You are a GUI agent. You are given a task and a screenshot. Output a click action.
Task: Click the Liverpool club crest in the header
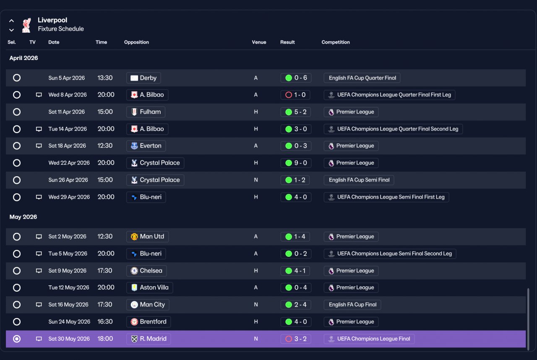26,25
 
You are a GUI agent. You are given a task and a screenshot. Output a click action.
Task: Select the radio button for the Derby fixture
17,78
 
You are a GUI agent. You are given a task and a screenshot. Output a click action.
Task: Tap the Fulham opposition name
150,112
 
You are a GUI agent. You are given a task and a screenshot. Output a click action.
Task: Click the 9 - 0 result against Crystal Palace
296,163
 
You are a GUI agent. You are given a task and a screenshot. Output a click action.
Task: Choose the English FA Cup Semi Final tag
359,180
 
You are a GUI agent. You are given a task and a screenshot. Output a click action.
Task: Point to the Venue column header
259,42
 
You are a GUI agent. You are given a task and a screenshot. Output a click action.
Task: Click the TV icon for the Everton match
39,146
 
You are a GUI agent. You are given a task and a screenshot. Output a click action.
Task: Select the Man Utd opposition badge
134,237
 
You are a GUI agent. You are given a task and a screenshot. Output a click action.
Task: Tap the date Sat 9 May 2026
68,271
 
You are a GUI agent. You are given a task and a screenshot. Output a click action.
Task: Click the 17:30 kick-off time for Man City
105,305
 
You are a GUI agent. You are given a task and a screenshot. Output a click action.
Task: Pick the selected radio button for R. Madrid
17,339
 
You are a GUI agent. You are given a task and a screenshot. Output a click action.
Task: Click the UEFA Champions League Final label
373,339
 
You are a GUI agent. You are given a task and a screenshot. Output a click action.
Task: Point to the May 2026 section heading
23,217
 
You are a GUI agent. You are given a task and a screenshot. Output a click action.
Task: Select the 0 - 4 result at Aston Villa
296,287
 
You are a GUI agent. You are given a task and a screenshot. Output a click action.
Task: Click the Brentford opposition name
153,322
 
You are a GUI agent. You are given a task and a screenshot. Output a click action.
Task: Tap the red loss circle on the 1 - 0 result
289,95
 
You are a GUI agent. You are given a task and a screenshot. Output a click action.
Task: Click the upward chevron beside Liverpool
11,21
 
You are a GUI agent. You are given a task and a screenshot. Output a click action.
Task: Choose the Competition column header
336,42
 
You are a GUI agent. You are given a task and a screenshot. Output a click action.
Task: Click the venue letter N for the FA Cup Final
256,305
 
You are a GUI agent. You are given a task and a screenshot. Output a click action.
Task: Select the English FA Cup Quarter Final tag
362,78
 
